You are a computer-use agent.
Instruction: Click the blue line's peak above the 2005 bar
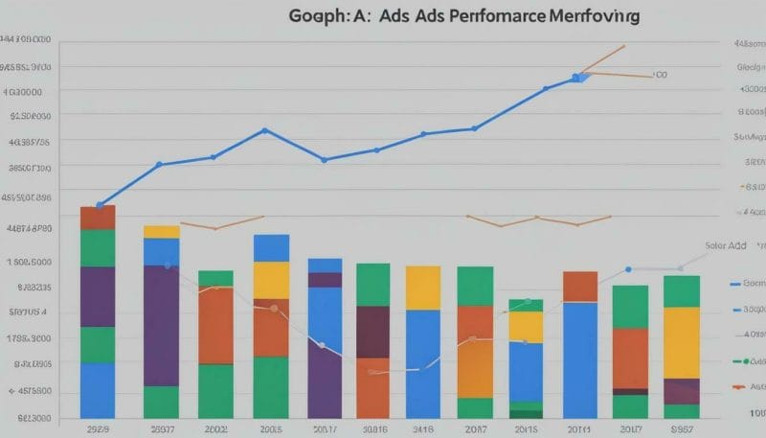tap(264, 130)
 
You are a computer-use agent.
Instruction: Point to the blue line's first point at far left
tap(99, 205)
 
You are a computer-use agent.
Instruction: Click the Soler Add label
tap(725, 246)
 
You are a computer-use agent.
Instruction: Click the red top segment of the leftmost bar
tap(98, 218)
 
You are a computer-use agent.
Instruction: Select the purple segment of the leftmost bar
tap(98, 296)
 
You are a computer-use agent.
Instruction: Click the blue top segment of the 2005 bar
tap(271, 248)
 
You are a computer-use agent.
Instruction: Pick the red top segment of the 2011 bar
tap(580, 287)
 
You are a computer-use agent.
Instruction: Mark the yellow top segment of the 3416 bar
tap(422, 288)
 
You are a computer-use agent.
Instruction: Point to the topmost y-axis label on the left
tap(26, 40)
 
